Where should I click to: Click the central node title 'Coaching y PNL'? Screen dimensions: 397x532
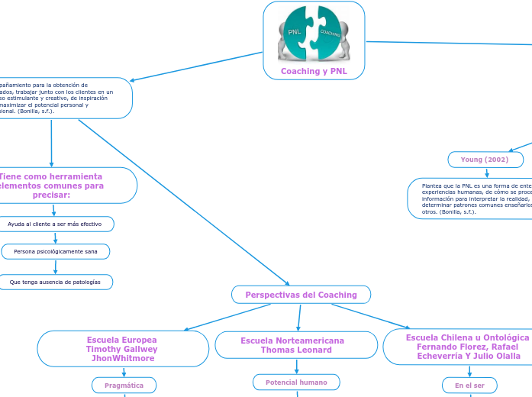point(314,71)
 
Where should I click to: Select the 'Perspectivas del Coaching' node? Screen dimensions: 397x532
point(301,295)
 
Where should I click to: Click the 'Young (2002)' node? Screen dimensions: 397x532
point(485,160)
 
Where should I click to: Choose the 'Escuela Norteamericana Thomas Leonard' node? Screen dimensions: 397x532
point(296,345)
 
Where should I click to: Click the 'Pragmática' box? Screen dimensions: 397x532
point(124,386)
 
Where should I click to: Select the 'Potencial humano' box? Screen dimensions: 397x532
point(296,382)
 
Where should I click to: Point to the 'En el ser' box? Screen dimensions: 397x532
point(469,386)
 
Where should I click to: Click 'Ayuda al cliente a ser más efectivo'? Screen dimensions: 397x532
point(55,224)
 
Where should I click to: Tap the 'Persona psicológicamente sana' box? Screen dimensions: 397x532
point(56,251)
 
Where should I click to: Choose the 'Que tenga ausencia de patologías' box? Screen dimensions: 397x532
point(55,282)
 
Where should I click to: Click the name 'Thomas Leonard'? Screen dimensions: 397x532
point(296,350)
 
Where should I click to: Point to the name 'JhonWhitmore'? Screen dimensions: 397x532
point(122,359)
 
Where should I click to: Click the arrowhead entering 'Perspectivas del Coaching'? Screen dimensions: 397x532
point(287,283)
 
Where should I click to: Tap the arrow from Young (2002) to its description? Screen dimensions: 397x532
point(487,173)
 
